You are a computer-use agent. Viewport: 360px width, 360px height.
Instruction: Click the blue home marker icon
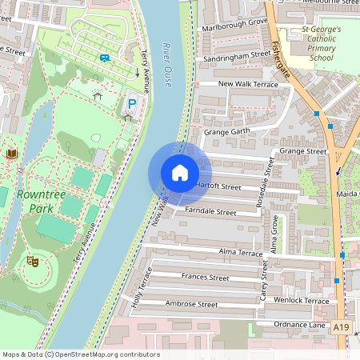point(180,173)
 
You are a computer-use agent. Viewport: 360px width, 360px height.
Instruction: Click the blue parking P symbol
point(132,103)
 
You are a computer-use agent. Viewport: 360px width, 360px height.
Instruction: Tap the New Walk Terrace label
point(249,84)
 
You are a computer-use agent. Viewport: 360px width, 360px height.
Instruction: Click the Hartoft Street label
point(218,187)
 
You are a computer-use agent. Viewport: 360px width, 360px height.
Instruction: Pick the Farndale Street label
point(210,213)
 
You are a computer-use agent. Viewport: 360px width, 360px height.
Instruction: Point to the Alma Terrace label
point(240,253)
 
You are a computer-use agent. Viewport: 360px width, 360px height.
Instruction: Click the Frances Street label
point(206,278)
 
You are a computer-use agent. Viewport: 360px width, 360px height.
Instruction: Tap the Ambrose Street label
point(191,305)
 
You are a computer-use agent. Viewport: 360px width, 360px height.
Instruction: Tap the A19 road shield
point(342,327)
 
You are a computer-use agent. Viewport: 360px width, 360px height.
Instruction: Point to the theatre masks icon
point(33,261)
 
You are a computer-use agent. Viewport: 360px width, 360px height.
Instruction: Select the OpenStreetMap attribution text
point(80,354)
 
